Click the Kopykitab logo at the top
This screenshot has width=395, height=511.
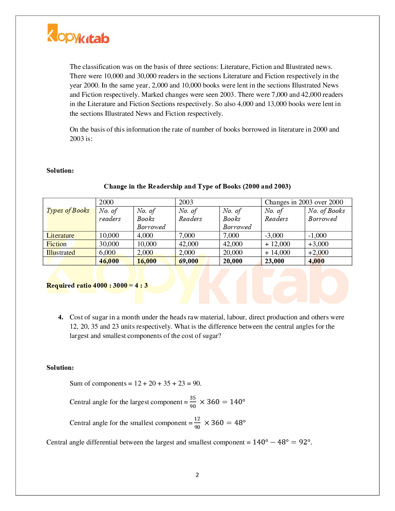78,34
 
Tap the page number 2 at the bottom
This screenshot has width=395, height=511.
197,475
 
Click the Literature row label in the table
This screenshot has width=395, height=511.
60,235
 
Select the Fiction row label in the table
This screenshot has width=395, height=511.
57,244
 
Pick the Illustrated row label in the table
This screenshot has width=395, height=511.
61,252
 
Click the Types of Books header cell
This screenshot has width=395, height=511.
68,211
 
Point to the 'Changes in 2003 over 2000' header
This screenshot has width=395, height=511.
304,202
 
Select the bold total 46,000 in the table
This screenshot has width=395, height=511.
109,261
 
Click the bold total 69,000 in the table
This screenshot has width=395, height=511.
189,261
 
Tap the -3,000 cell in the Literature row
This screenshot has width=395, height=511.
274,235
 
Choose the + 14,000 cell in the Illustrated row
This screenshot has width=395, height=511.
277,252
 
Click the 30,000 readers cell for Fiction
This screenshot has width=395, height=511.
109,244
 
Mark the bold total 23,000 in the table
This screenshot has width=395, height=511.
274,261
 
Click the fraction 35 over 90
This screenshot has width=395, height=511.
193,402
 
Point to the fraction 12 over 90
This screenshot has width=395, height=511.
197,423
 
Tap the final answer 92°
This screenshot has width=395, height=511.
305,442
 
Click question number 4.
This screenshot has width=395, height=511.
60,317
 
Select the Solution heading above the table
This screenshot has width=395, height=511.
60,170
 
